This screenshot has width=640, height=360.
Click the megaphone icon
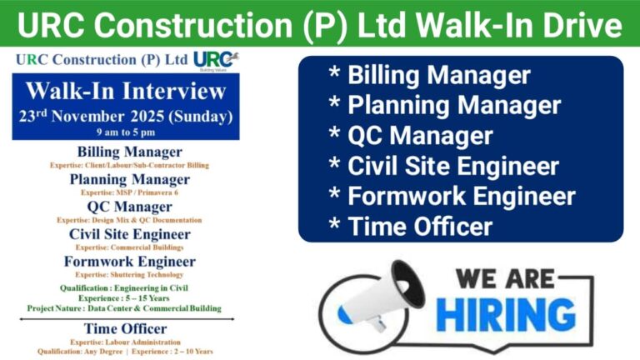click(372, 300)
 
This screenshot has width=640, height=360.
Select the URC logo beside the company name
click(214, 60)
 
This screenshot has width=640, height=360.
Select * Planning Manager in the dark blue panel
click(442, 106)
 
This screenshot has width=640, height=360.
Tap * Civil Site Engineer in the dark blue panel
click(442, 166)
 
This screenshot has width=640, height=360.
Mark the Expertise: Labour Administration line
click(125, 342)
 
